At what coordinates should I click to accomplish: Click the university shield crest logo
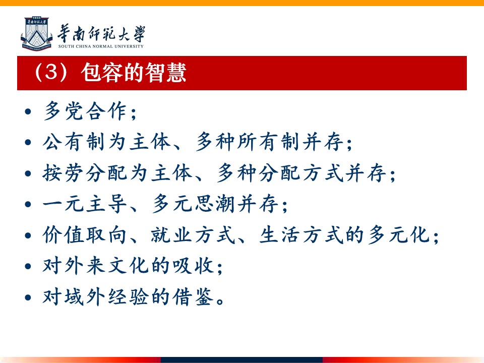coord(36,34)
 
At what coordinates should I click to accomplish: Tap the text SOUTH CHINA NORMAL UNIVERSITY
coord(101,46)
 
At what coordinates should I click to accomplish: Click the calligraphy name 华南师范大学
coord(101,34)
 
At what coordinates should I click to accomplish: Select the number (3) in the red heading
coord(51,72)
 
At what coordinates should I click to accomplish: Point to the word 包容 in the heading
coord(101,73)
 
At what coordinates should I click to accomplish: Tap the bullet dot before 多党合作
coord(28,111)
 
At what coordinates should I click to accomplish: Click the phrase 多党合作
coord(85,111)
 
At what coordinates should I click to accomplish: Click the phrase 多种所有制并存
coord(269,142)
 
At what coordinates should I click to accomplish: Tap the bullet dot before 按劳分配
coord(28,173)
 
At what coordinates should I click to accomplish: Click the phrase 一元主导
coord(85,204)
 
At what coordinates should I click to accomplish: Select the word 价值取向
coord(85,235)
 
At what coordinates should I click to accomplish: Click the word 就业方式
coord(193,235)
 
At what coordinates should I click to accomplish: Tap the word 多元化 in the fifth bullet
coord(399,235)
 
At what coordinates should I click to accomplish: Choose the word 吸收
coord(193,266)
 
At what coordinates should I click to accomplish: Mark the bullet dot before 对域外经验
coord(28,297)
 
